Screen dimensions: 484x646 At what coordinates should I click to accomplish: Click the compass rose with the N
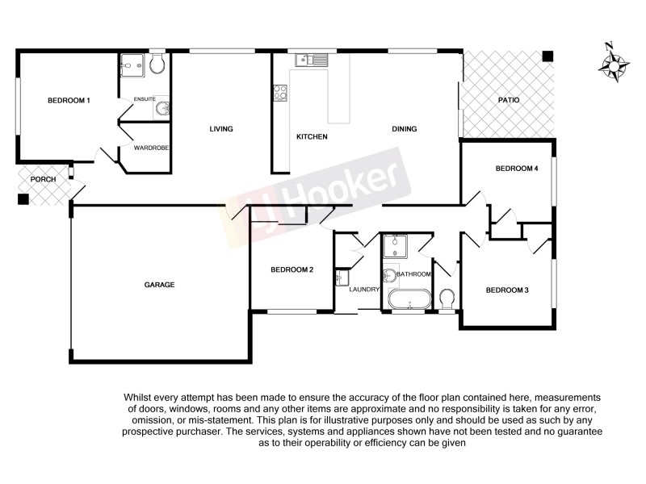(615, 64)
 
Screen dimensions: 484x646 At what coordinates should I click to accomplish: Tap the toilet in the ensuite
(157, 65)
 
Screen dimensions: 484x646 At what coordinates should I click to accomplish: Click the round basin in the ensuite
(161, 108)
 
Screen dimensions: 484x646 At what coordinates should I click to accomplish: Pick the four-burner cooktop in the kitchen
(281, 93)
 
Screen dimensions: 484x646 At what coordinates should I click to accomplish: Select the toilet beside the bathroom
(448, 299)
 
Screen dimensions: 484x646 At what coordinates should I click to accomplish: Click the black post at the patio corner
(548, 56)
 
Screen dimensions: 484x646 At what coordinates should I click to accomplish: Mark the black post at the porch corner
(23, 198)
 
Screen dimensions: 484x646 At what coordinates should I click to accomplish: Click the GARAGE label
(159, 285)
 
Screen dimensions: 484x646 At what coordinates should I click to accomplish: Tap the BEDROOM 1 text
(69, 100)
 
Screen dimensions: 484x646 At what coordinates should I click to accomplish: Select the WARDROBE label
(150, 148)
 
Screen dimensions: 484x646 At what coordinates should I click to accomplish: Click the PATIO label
(509, 100)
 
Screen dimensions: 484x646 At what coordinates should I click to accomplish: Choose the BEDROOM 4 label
(516, 169)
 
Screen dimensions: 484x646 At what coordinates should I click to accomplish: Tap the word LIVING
(220, 129)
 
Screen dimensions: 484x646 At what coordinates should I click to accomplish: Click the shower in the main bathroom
(396, 244)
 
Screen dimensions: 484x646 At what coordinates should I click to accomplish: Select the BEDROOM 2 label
(292, 270)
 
